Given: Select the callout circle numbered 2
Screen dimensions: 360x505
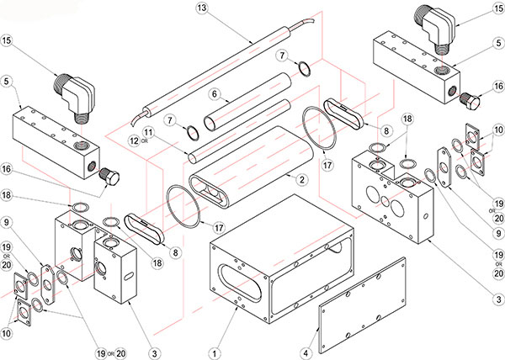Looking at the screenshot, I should click(x=299, y=179).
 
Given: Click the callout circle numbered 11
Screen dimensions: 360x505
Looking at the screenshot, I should click(x=148, y=132).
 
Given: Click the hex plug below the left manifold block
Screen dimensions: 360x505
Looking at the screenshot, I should click(x=109, y=177).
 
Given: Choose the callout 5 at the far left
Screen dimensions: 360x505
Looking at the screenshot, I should click(x=7, y=82).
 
